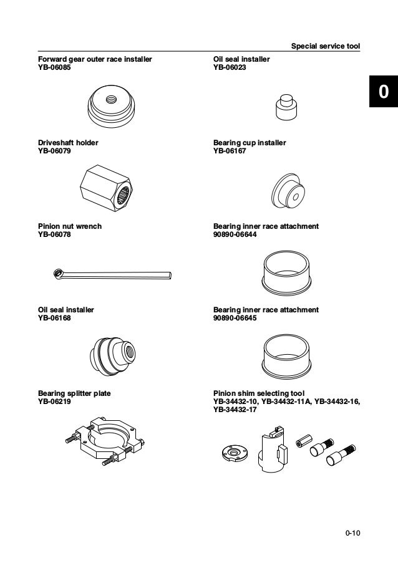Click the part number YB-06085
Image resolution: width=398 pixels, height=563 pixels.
54,67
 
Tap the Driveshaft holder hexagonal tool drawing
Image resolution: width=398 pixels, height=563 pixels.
106,188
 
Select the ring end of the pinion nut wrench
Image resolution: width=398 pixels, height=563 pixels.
57,274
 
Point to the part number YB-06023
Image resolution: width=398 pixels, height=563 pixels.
230,67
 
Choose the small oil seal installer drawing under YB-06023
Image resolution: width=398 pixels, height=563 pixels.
286,107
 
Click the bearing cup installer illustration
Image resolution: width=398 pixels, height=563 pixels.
288,191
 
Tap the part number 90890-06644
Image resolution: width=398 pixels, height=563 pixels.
235,234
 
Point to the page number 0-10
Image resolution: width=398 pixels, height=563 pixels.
352,533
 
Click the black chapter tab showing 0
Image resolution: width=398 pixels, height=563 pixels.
384,91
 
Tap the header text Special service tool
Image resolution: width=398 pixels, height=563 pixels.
326,46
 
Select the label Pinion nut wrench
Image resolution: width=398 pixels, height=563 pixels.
70,226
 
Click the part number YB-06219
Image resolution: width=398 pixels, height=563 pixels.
54,402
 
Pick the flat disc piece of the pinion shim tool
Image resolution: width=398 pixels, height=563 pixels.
235,453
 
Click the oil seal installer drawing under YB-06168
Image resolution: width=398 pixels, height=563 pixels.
112,356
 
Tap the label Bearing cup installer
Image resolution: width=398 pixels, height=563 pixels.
250,143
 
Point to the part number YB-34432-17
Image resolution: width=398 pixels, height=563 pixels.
235,410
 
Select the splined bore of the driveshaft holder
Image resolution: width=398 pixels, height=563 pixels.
124,196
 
